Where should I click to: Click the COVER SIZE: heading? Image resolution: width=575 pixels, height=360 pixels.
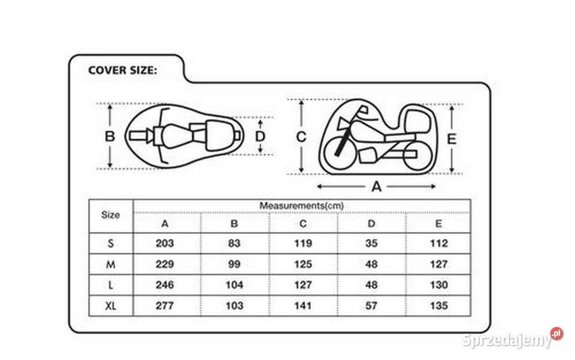(x=122, y=70)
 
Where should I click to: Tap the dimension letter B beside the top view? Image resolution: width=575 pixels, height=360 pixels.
(x=110, y=137)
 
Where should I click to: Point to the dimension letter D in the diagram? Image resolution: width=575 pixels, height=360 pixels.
(x=260, y=137)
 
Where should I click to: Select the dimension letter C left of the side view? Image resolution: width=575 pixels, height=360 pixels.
(x=301, y=137)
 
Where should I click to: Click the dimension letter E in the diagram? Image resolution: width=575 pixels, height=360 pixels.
(x=452, y=139)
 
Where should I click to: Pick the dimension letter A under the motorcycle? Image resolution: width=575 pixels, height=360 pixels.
(x=377, y=187)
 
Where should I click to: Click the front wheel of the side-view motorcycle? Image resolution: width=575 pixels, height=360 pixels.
(x=340, y=153)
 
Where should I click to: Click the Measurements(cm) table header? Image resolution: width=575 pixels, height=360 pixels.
(x=301, y=205)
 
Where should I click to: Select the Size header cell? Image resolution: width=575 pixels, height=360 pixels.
(x=110, y=215)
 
